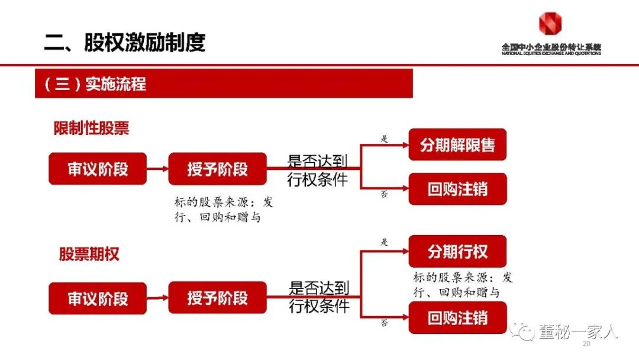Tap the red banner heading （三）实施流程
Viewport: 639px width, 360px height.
(95, 83)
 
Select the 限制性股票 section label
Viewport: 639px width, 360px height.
(91, 128)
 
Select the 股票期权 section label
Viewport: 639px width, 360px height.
(89, 255)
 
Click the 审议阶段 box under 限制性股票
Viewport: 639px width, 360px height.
(98, 169)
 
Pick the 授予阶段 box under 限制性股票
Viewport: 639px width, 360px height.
(217, 169)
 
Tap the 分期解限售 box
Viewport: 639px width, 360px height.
(457, 144)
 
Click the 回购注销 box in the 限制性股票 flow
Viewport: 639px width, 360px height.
(457, 189)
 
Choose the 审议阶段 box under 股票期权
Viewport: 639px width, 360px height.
(98, 298)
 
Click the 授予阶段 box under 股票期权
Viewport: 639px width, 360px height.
(217, 298)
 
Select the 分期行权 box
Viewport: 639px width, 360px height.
(457, 251)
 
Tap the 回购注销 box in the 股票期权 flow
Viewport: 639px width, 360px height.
(457, 318)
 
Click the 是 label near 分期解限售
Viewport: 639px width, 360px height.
(384, 139)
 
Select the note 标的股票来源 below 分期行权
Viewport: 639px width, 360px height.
(463, 285)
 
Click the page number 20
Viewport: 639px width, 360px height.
(587, 345)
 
